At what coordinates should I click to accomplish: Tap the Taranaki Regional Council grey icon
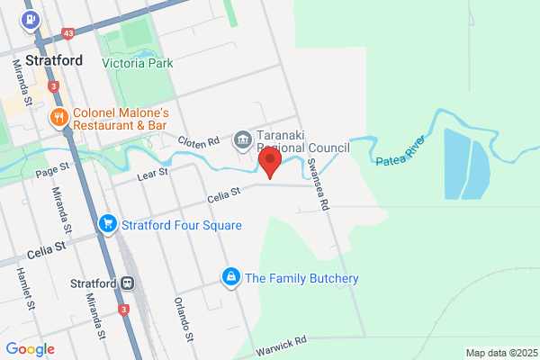(243, 139)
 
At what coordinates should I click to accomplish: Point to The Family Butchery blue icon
(231, 277)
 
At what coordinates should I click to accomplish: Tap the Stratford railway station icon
(129, 283)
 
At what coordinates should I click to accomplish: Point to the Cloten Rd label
(198, 141)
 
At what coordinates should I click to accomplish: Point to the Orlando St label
(184, 318)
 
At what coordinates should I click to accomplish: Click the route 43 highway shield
(68, 33)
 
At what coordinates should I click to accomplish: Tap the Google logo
(30, 348)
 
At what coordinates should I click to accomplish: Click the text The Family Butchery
(301, 278)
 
